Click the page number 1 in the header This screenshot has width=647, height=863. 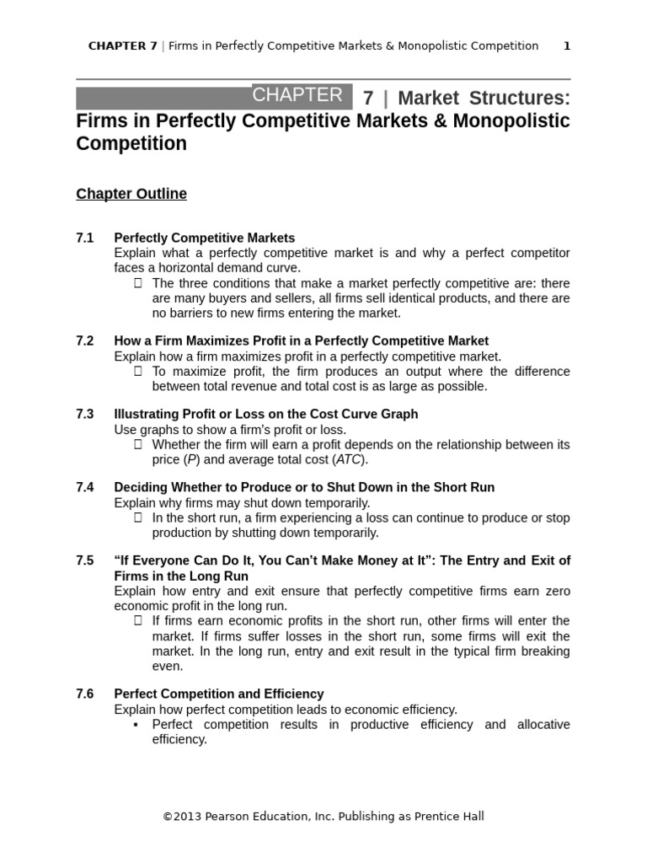click(567, 46)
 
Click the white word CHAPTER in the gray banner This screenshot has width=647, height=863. click(297, 95)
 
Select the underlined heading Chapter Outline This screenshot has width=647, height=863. click(131, 194)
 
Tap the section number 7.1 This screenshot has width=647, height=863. click(85, 239)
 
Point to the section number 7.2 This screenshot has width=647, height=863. click(85, 341)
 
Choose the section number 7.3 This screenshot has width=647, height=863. click(85, 415)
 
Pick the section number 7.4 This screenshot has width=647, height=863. click(85, 488)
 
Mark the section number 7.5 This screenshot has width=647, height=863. click(85, 561)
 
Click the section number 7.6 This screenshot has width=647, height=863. click(85, 694)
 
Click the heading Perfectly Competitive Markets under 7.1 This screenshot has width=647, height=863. click(205, 239)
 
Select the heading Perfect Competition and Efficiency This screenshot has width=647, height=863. click(219, 694)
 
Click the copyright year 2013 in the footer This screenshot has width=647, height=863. click(187, 816)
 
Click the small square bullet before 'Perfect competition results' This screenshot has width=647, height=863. click(136, 725)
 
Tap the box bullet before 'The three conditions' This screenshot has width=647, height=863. click(138, 283)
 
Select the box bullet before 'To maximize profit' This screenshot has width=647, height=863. click(138, 372)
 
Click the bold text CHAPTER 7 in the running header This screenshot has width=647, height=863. click(122, 46)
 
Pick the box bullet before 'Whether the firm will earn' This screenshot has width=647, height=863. click(138, 445)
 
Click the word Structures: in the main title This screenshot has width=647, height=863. click(522, 99)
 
